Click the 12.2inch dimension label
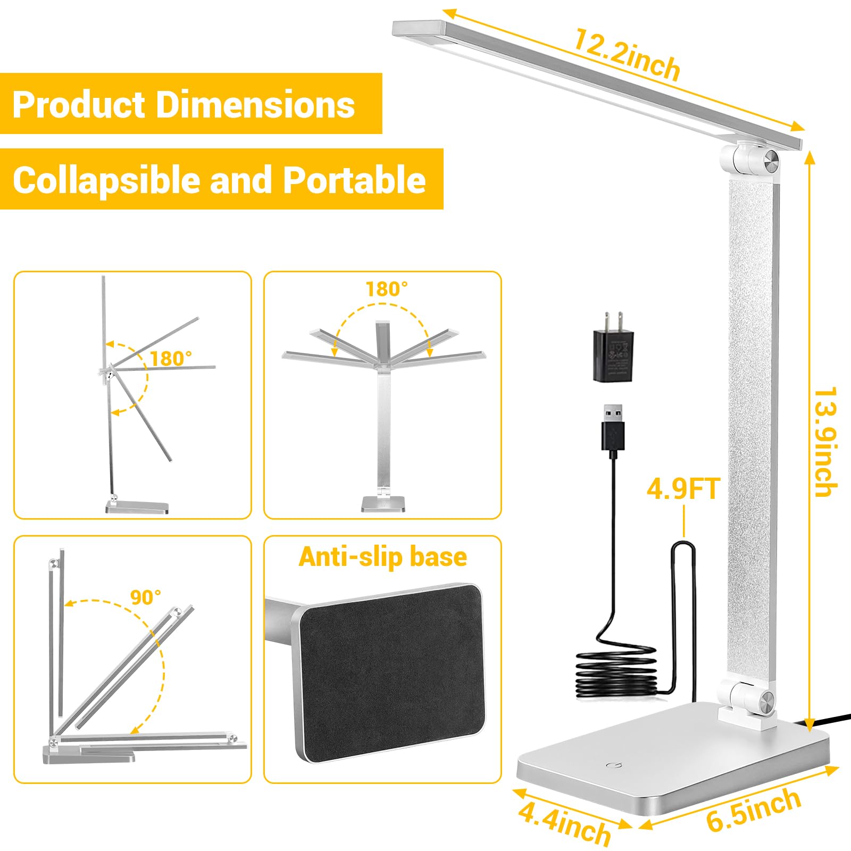point(627,55)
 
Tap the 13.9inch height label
point(825,441)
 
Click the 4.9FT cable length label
point(683,489)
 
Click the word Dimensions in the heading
point(255,104)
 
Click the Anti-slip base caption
point(382,557)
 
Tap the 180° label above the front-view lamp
point(387,289)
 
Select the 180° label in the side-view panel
point(171,358)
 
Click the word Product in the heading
point(79,104)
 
